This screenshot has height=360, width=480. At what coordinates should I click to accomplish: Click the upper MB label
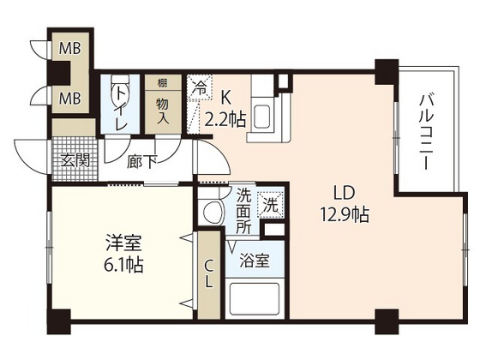click(x=69, y=49)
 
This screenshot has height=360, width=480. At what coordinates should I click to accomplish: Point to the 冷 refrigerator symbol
click(x=199, y=87)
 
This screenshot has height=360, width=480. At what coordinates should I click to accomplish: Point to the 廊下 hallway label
click(x=141, y=160)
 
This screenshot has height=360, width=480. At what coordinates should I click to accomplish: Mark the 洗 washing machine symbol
click(x=270, y=205)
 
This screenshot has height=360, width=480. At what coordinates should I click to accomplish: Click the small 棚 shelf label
click(x=161, y=84)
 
